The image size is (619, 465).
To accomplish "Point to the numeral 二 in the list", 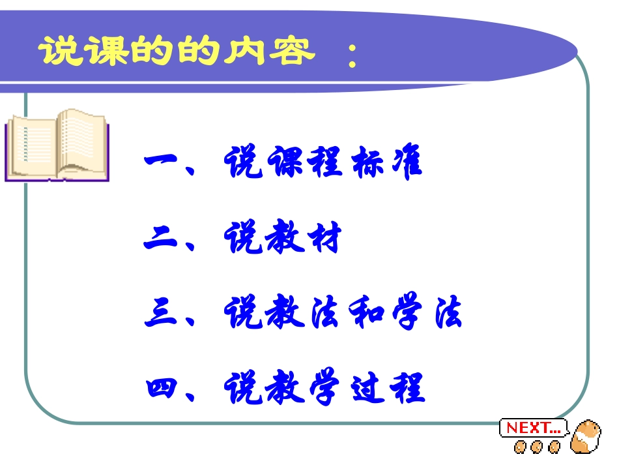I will [161, 240].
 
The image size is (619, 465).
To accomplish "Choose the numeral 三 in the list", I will [161, 314].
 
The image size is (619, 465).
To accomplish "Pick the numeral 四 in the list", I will [161, 388].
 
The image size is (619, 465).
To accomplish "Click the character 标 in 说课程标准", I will [364, 163].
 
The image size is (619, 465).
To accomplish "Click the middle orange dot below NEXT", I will [537, 447].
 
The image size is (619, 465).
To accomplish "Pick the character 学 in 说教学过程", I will [322, 388].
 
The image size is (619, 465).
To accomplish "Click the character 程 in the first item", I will [322, 163].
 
